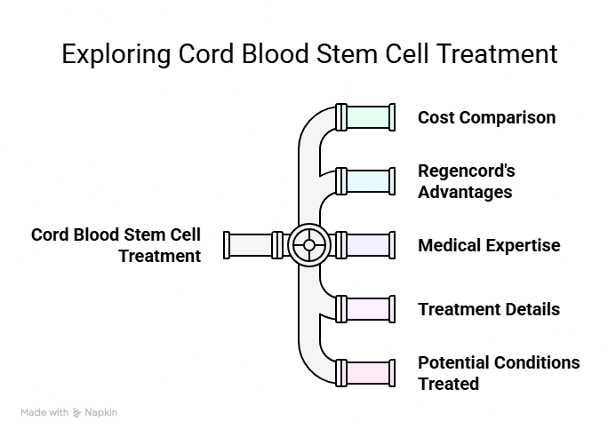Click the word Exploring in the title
pyautogui.click(x=116, y=54)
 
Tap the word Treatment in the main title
pyautogui.click(x=497, y=53)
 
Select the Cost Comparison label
pyautogui.click(x=486, y=117)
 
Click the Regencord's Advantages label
pyautogui.click(x=467, y=181)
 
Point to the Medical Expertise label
pyautogui.click(x=489, y=245)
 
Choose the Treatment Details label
pyautogui.click(x=489, y=309)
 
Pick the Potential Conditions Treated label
pyautogui.click(x=499, y=373)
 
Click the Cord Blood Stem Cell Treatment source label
pyautogui.click(x=116, y=245)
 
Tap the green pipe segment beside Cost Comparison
pyautogui.click(x=368, y=117)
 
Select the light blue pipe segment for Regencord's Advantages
pyautogui.click(x=368, y=181)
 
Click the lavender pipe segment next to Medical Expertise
pyautogui.click(x=368, y=245)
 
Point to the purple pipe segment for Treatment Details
pyautogui.click(x=368, y=309)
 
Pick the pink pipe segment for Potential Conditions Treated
pyautogui.click(x=368, y=373)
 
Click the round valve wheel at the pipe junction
pyautogui.click(x=309, y=245)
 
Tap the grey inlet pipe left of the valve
pyautogui.click(x=251, y=245)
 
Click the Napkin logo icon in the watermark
pyautogui.click(x=76, y=413)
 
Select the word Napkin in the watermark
pyautogui.click(x=100, y=413)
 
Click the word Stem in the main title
pyautogui.click(x=347, y=53)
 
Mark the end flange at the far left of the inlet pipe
pyautogui.click(x=227, y=245)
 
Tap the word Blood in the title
pyautogui.click(x=275, y=53)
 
